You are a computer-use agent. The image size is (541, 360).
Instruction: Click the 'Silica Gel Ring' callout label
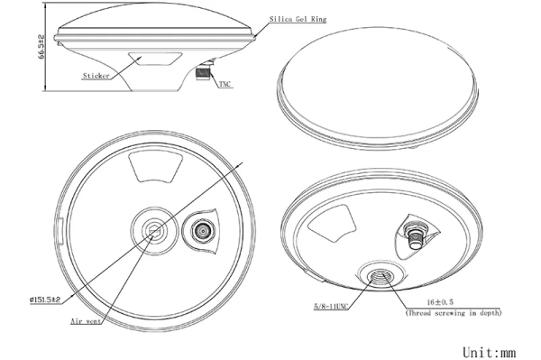click(x=298, y=19)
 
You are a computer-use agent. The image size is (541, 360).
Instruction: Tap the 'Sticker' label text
click(x=96, y=76)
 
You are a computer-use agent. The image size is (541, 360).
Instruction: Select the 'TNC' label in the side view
click(x=225, y=84)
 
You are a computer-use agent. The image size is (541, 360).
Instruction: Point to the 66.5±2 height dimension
click(x=41, y=46)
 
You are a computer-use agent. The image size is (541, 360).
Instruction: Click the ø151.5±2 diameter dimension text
click(x=45, y=300)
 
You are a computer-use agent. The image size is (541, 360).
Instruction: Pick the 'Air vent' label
click(x=86, y=321)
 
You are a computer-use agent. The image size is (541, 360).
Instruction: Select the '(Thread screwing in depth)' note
click(x=454, y=313)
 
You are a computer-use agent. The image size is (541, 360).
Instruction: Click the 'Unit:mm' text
click(x=490, y=353)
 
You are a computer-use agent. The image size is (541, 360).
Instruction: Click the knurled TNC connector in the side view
click(x=203, y=73)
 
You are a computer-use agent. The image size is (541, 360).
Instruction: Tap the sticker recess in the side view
click(x=155, y=59)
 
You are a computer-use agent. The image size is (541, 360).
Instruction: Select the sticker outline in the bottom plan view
click(x=155, y=168)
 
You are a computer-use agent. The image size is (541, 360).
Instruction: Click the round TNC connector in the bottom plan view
click(x=201, y=231)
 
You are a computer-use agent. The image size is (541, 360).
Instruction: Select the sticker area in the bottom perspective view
click(x=332, y=224)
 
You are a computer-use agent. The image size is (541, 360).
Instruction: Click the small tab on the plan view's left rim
click(x=60, y=231)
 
